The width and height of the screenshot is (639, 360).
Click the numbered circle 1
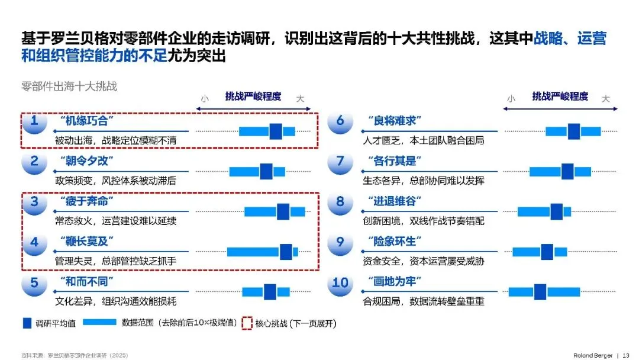34,122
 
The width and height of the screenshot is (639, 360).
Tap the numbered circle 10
340,283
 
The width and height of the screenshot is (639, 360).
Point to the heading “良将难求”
394,121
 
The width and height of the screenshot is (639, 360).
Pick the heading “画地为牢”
394,281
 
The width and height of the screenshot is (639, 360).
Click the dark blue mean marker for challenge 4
286,252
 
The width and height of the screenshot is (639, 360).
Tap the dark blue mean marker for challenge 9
546,252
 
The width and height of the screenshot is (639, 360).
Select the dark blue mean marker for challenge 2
266,171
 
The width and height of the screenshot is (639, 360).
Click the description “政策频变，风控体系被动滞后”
116,181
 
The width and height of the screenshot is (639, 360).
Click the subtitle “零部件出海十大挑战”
69,86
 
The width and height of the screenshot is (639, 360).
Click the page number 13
627,355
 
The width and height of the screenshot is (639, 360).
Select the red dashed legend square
247,323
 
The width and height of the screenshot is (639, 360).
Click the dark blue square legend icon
27,323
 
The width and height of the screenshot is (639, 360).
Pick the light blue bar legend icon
99,323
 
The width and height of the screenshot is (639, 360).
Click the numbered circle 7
340,162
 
